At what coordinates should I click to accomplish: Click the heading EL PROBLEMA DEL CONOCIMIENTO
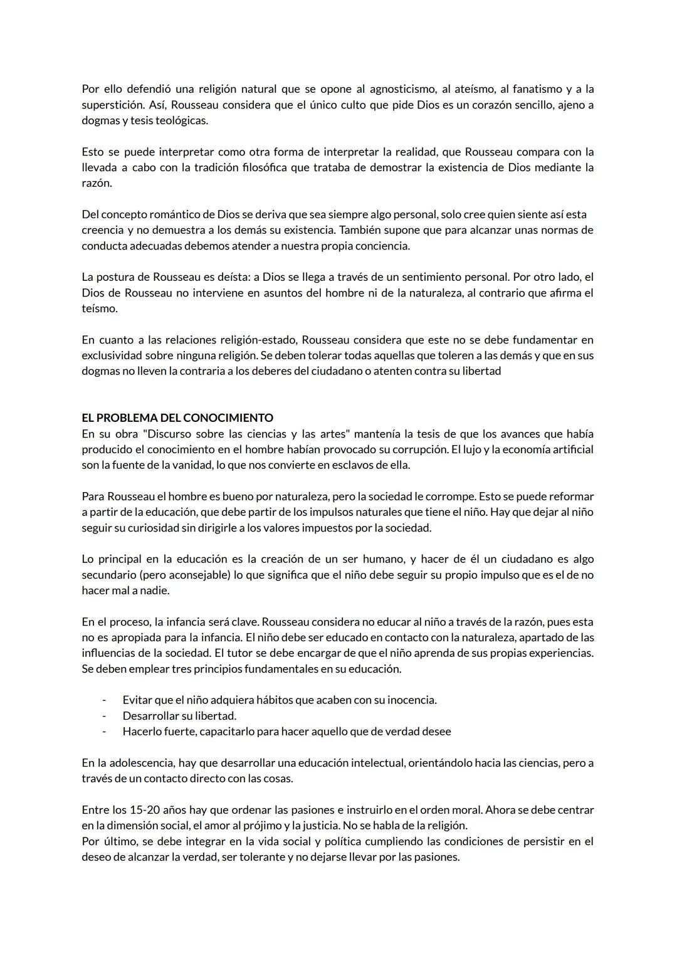pyautogui.click(x=177, y=418)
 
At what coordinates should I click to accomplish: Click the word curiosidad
pyautogui.click(x=153, y=528)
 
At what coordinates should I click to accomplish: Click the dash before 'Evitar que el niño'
pyautogui.click(x=104, y=700)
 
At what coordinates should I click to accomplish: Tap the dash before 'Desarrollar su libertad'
pyautogui.click(x=104, y=716)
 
